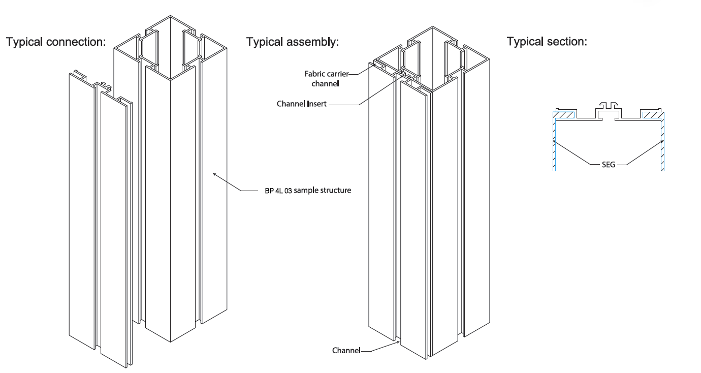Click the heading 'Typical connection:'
click(x=56, y=42)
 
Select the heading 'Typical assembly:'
click(x=293, y=42)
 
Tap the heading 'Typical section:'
click(x=547, y=42)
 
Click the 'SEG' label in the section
click(x=609, y=165)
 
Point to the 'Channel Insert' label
click(x=301, y=104)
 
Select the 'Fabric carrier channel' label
click(x=326, y=79)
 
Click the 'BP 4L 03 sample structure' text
click(x=308, y=191)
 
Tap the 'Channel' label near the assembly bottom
click(x=346, y=351)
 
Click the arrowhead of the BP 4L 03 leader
click(x=214, y=174)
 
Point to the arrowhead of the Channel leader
click(x=398, y=342)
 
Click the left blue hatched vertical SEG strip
click(x=554, y=142)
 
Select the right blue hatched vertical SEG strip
click(x=662, y=142)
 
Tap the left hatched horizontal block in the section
click(x=565, y=115)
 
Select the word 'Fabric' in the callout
click(x=314, y=74)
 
